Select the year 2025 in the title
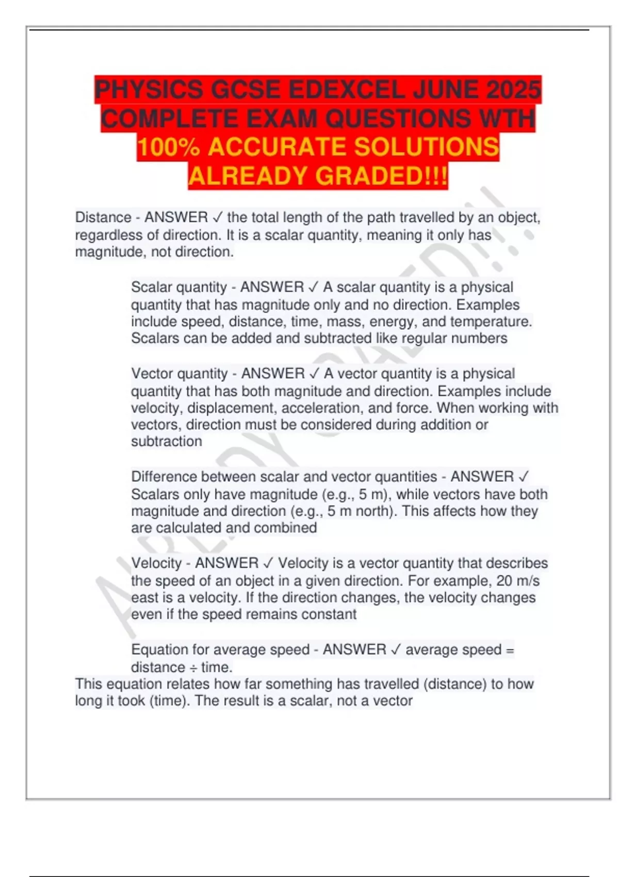[x=514, y=90]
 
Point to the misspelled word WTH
[x=507, y=119]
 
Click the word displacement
[x=232, y=408]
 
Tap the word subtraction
[x=167, y=442]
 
